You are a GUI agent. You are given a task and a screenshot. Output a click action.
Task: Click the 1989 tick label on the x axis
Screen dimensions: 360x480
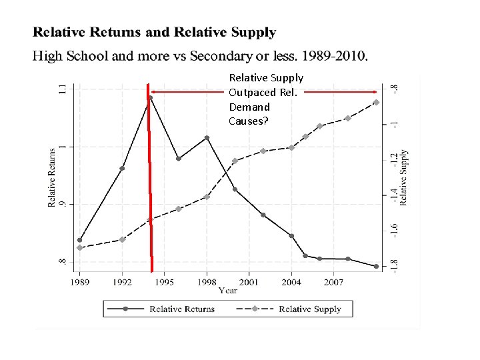point(79,282)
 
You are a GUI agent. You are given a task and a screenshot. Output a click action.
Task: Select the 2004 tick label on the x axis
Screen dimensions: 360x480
point(291,282)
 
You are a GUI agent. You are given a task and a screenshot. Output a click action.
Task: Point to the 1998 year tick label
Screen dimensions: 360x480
point(207,282)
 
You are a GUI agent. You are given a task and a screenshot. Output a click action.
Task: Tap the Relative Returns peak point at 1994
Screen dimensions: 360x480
point(151,98)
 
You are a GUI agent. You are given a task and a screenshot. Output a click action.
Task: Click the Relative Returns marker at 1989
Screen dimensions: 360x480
point(80,240)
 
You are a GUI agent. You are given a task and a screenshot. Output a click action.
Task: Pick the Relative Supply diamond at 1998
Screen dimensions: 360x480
point(207,197)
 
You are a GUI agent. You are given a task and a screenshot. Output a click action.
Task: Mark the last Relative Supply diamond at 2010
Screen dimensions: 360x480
point(377,102)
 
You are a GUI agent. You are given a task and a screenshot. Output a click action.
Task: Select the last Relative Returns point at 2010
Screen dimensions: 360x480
point(377,266)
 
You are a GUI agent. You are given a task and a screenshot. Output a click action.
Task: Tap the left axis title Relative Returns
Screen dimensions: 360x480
point(52,176)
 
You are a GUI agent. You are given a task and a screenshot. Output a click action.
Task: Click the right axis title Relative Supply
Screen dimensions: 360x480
point(404,176)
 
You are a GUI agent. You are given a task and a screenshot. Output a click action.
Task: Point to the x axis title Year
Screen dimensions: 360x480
point(228,290)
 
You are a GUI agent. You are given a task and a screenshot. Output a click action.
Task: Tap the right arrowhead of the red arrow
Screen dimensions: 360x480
point(378,92)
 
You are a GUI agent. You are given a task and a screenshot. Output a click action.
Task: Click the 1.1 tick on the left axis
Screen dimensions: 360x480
point(63,89)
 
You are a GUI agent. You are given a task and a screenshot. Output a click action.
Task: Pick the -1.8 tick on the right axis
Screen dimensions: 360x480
point(395,265)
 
